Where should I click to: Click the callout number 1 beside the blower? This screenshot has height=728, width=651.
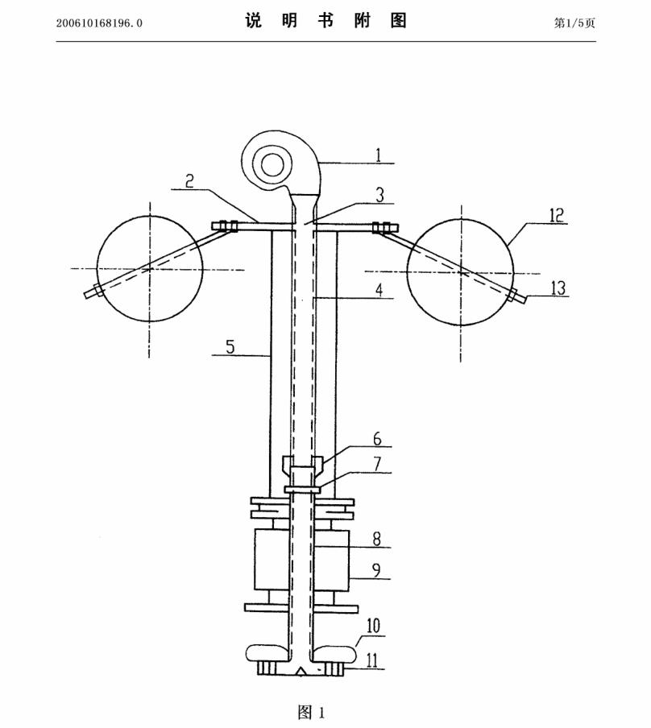[x=378, y=155]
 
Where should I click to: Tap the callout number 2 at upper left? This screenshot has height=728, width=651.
[x=189, y=180]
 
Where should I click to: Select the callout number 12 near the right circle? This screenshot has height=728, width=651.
[x=556, y=215]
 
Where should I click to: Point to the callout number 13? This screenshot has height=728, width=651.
[x=558, y=287]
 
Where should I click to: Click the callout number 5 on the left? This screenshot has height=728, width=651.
[x=230, y=346]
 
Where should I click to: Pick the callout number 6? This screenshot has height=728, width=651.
[x=377, y=438]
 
